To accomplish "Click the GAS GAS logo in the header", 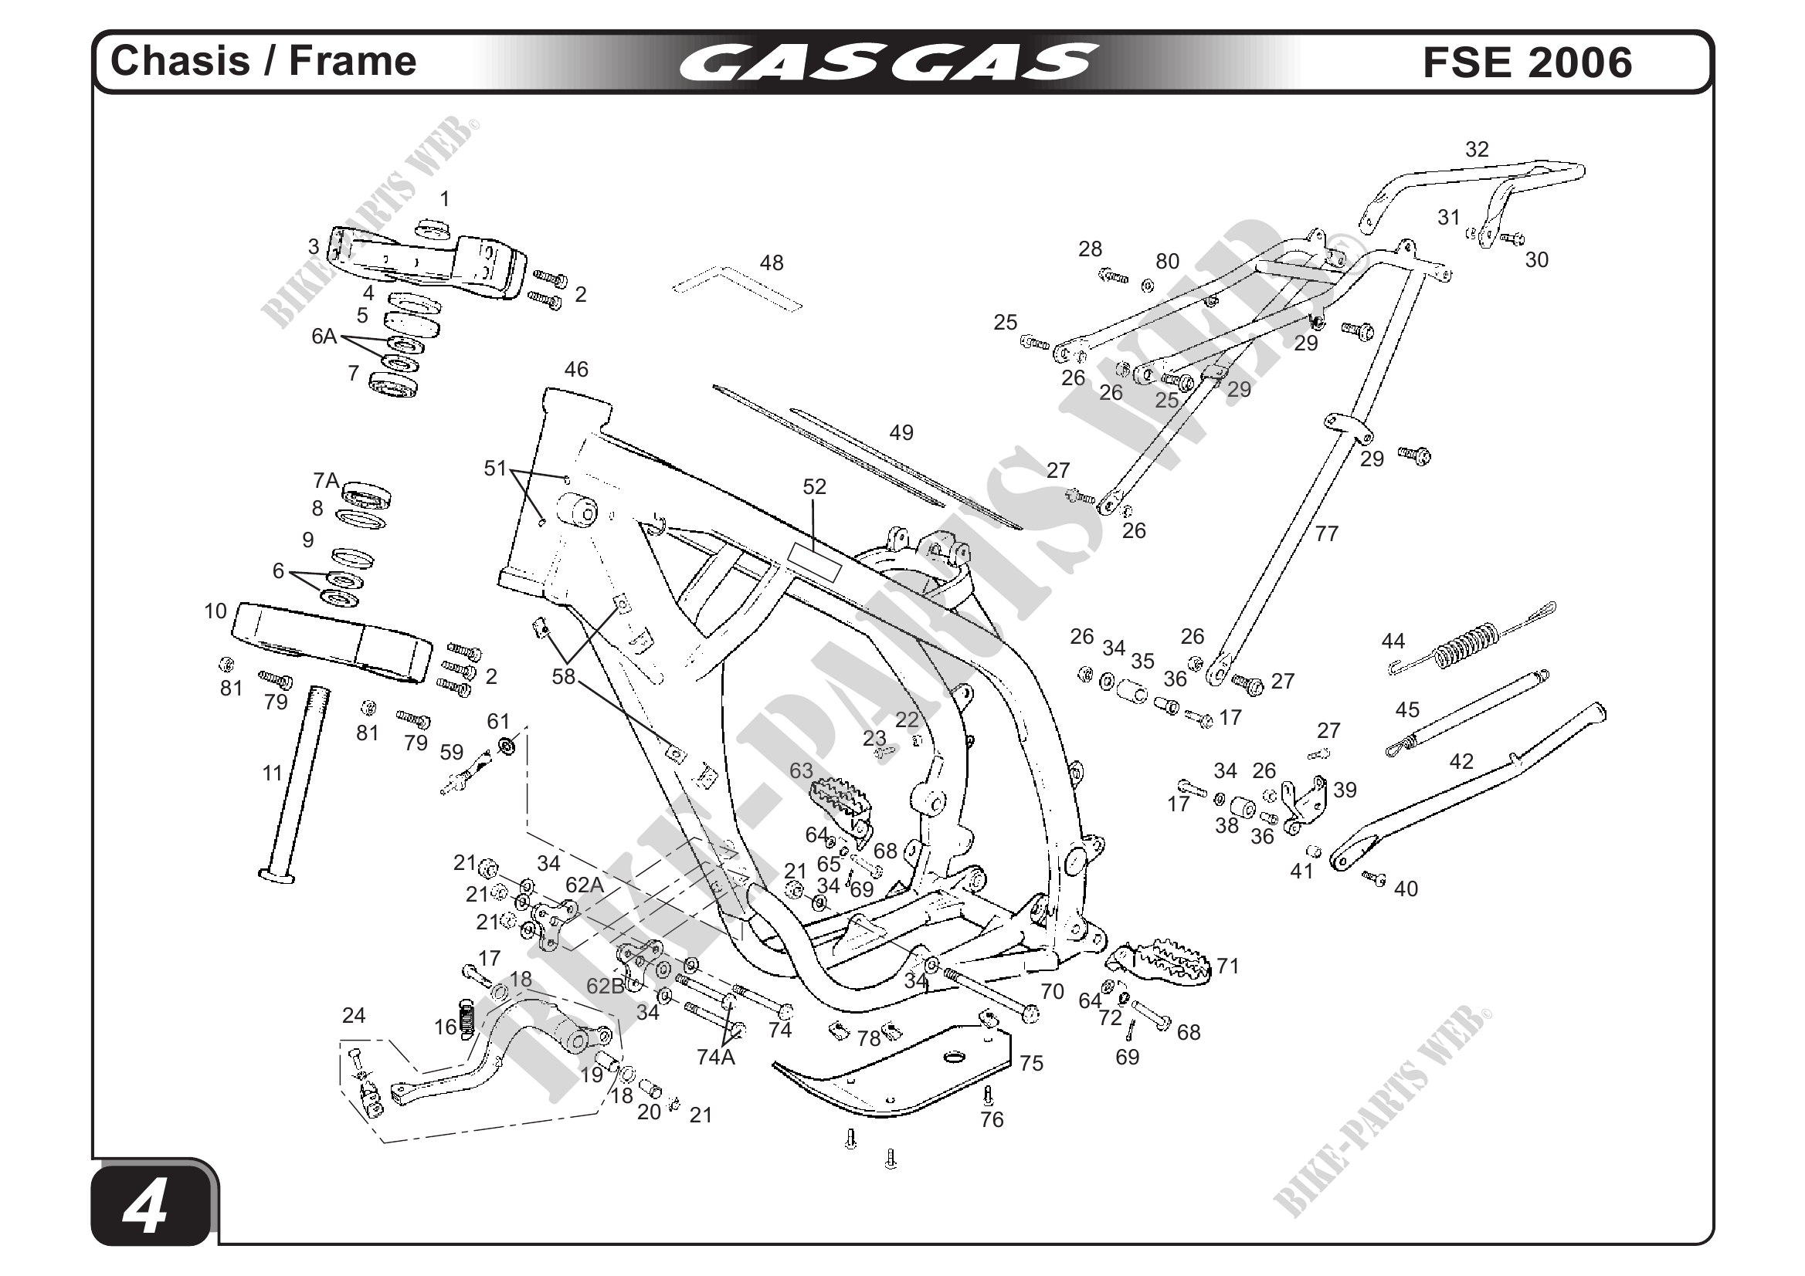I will tap(888, 62).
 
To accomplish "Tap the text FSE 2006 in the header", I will tap(1527, 63).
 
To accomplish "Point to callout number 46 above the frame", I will tap(576, 369).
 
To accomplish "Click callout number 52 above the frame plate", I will tap(814, 487).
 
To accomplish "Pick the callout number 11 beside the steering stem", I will tap(272, 774).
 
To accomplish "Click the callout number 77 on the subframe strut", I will tap(1326, 534).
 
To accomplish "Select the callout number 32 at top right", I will tap(1477, 149).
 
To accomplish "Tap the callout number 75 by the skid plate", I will tap(1030, 1064).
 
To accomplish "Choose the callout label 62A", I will tap(585, 885).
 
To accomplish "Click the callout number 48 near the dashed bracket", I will tap(772, 263).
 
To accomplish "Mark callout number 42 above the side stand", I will tap(1461, 761).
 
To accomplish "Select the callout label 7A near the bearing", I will tap(326, 480).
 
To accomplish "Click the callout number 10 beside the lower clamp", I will tap(215, 611).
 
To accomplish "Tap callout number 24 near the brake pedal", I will tap(354, 1016).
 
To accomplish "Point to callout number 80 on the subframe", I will tap(1168, 261).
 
